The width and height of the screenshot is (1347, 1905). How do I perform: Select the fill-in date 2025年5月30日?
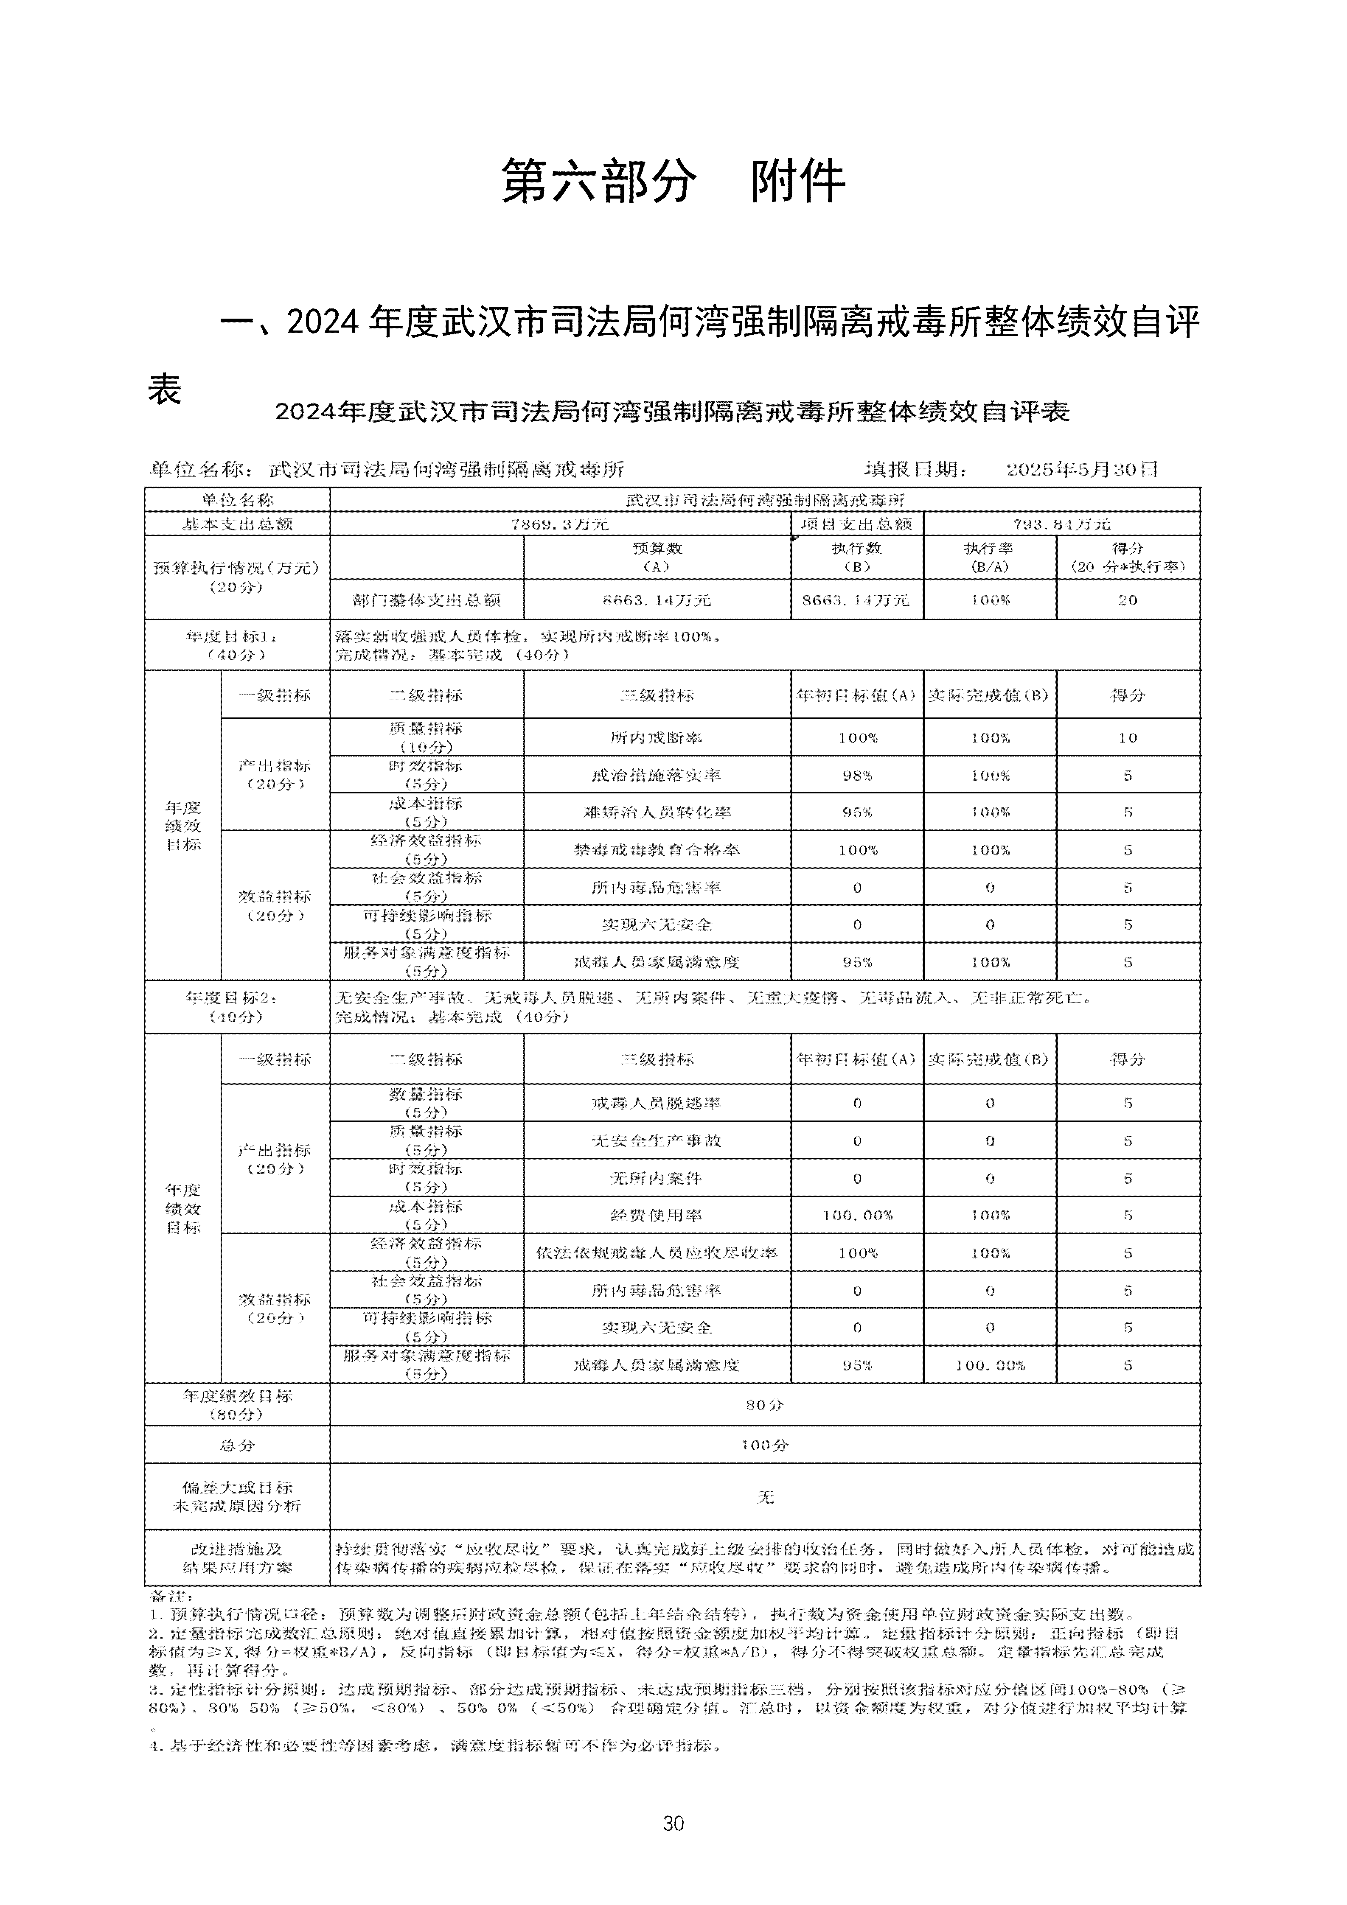1081,470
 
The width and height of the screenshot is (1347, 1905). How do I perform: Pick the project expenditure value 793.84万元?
1061,524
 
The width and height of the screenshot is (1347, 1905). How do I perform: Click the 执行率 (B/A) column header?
989,557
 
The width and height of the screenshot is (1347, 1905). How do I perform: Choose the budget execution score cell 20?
1127,600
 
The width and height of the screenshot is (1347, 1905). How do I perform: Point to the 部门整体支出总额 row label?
427,600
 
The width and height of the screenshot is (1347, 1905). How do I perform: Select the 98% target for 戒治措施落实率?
857,776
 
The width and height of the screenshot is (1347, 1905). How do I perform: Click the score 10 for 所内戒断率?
1127,738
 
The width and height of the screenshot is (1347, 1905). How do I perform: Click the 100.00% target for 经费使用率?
857,1216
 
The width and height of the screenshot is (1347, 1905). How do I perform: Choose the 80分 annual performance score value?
764,1405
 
